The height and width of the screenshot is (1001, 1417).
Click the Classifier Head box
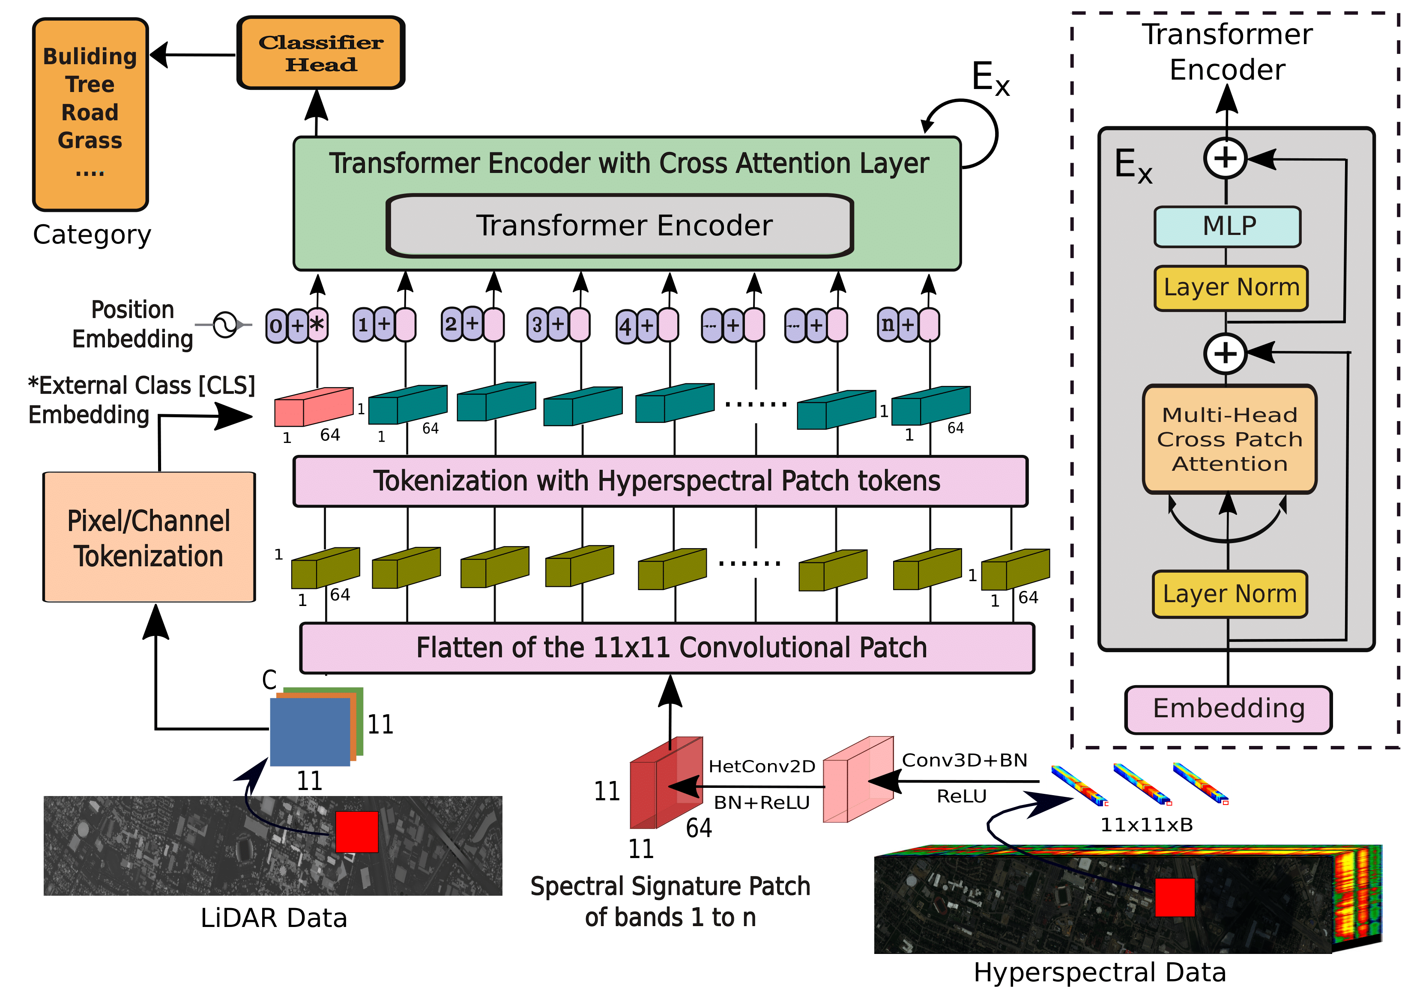pos(320,53)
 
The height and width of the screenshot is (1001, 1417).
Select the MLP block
pos(1228,226)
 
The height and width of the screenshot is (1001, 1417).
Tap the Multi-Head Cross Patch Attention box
pos(1229,439)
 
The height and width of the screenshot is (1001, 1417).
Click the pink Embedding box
pos(1228,709)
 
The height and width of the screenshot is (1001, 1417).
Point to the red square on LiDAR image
pos(357,832)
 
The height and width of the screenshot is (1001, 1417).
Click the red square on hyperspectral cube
pos(1175,897)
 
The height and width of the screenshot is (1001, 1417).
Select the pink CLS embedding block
pos(314,407)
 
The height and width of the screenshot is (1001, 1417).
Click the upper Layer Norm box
pos(1231,288)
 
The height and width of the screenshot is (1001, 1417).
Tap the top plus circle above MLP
pos(1226,158)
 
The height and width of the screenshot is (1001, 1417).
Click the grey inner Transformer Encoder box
pos(620,226)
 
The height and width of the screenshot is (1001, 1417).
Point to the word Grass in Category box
pos(90,141)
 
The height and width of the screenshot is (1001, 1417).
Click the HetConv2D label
pos(762,766)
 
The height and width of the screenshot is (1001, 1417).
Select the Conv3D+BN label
pos(965,760)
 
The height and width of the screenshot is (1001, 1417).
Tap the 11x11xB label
pos(1147,825)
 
